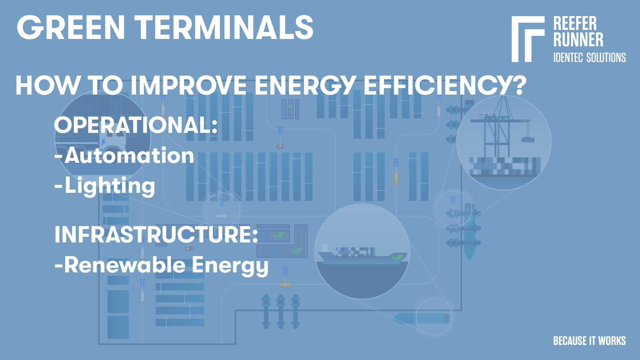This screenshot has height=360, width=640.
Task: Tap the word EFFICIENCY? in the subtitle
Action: pos(445,86)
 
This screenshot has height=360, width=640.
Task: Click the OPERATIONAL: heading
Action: pos(136,125)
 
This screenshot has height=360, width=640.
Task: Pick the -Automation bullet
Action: pos(124,156)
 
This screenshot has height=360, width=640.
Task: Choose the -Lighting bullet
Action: pos(105,185)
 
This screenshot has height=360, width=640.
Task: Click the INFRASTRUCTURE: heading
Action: pos(156,235)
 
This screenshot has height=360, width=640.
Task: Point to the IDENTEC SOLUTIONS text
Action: pos(589,58)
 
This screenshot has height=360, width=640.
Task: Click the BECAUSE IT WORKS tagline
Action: pos(589,341)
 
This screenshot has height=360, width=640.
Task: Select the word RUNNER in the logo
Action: pos(578,40)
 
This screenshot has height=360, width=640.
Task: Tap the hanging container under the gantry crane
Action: pos(528,140)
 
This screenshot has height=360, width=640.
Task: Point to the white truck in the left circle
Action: pos(113,142)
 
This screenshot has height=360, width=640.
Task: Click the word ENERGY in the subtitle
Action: pos(305,86)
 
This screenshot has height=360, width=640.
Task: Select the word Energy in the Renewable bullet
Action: pos(230,265)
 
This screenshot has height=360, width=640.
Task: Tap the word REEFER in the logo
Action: pos(575,24)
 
